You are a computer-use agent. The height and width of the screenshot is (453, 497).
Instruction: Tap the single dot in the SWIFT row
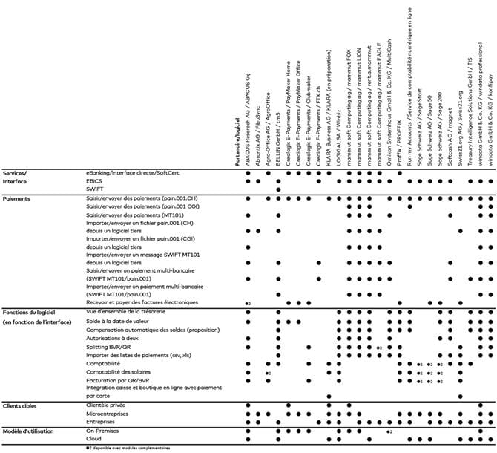click(x=278, y=189)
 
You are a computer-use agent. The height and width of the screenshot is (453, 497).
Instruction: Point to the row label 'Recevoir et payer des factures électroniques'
click(x=142, y=302)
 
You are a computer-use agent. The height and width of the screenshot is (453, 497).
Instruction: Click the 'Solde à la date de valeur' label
click(x=119, y=321)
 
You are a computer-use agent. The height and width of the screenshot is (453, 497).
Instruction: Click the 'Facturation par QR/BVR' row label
click(x=118, y=380)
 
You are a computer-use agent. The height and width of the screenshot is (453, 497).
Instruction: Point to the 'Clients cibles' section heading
click(x=23, y=406)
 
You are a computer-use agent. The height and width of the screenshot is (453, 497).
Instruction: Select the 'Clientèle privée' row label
click(x=108, y=406)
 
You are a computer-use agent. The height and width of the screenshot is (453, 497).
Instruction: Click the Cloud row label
click(x=95, y=440)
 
